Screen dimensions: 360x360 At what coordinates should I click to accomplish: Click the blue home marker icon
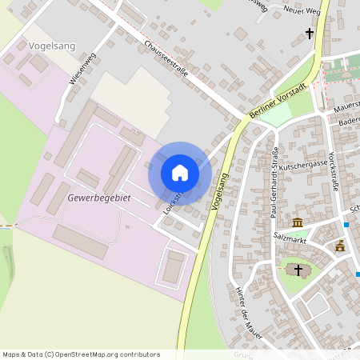click(x=180, y=172)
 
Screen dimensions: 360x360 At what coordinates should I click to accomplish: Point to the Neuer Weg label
click(x=301, y=10)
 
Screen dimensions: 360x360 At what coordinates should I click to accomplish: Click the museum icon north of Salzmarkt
click(x=298, y=222)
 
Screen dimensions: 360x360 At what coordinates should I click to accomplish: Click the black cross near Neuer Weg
click(x=310, y=34)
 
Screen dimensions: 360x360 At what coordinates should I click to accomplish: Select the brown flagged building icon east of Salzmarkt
click(x=340, y=246)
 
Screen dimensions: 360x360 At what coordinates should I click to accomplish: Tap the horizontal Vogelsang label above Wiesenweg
click(x=51, y=46)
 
